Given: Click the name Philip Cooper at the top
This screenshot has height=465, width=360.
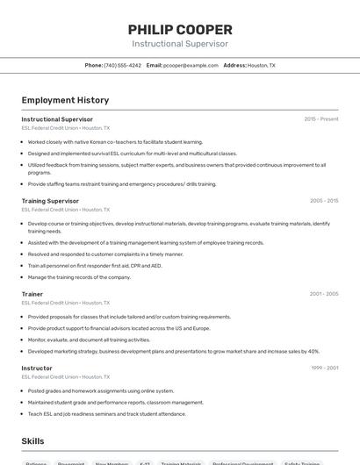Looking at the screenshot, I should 180,30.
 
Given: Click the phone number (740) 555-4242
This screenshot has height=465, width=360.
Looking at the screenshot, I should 122,65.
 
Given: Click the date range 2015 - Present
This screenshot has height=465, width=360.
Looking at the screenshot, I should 320,119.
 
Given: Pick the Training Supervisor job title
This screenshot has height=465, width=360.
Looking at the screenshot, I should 50,201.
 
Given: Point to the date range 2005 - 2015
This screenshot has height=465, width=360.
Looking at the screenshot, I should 323,201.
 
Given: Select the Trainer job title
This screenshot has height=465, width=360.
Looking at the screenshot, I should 32,294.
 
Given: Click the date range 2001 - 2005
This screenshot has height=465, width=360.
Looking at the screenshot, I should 323,294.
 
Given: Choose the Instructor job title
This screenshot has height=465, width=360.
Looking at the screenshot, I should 37,368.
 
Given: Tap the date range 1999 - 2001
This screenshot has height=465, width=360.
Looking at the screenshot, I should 323,368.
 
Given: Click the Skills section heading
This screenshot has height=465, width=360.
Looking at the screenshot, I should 33,440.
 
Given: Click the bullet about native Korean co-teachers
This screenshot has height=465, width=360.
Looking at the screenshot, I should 115,141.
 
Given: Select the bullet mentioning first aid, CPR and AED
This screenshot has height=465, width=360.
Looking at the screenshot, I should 95,266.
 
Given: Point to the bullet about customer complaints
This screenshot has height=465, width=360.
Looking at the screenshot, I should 105,254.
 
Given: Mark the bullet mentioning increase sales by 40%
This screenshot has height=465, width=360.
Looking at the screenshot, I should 173,351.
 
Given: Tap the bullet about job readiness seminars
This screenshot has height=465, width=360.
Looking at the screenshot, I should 107,414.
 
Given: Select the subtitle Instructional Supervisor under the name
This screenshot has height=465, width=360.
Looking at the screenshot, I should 180,44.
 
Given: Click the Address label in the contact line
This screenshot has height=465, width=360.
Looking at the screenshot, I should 234,65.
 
